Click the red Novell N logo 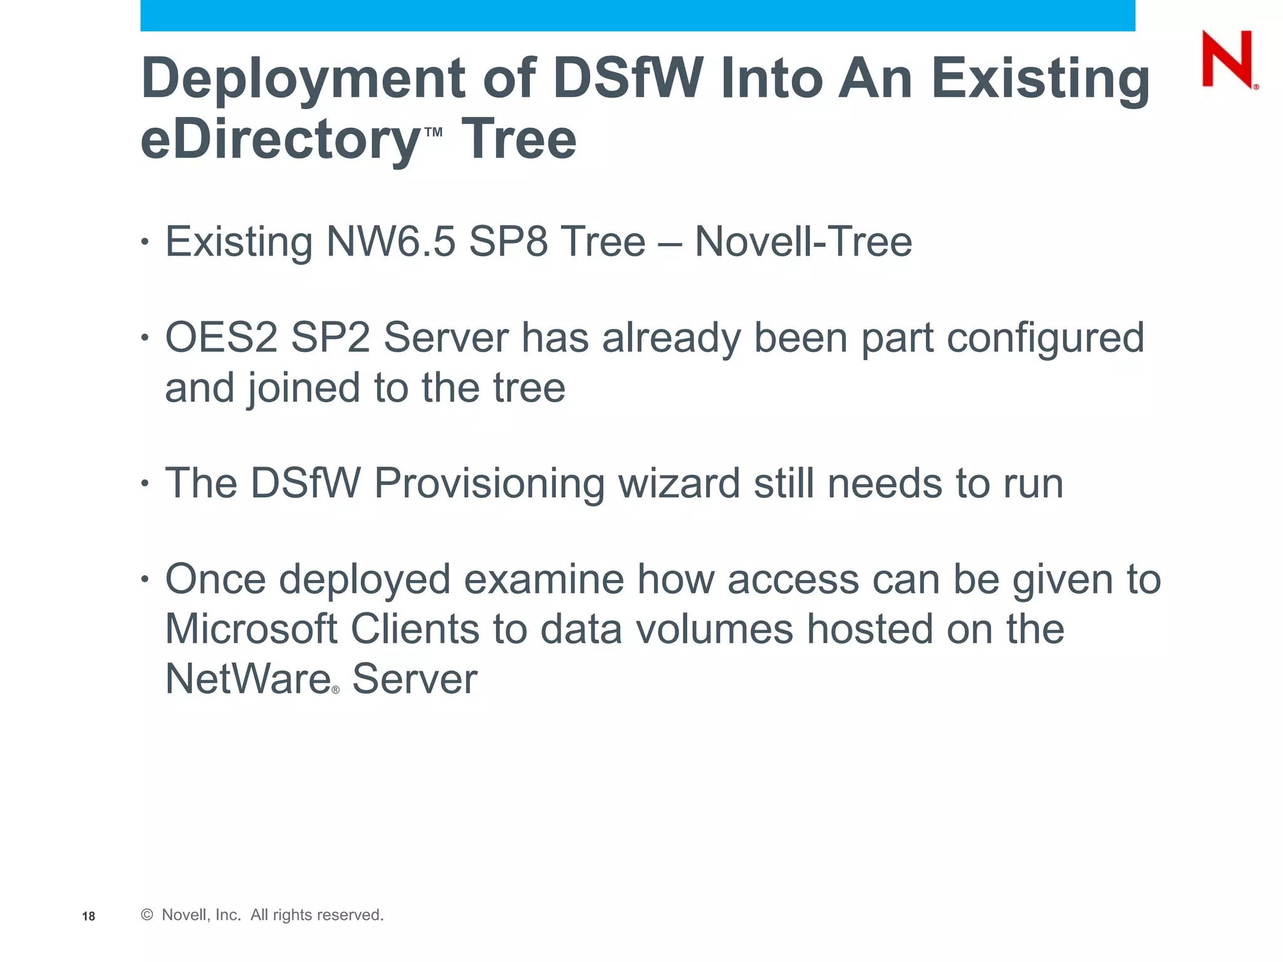pos(1228,59)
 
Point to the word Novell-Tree pos(803,242)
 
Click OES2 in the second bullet pos(221,338)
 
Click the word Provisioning pos(489,484)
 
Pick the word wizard pos(679,484)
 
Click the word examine pos(544,579)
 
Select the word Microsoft pos(251,629)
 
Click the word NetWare pos(247,679)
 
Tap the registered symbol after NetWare pos(336,690)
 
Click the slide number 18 pos(88,916)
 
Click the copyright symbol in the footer pos(147,915)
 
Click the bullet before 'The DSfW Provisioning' pos(145,484)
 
